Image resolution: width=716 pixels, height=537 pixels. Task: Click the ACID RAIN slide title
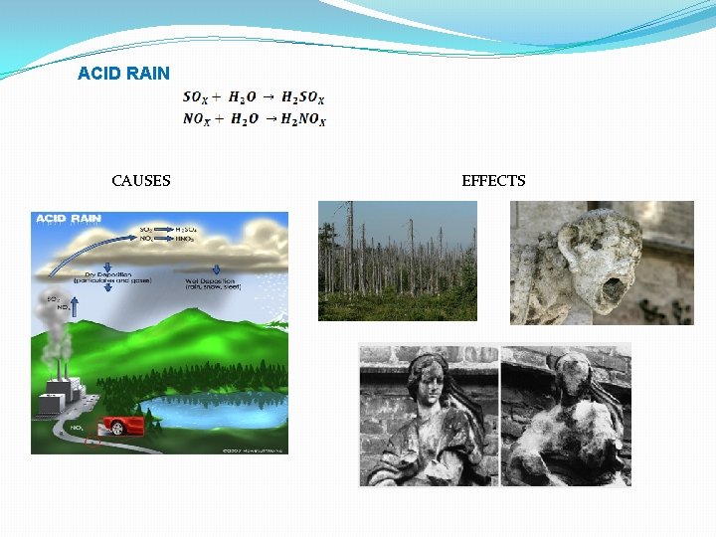tap(123, 74)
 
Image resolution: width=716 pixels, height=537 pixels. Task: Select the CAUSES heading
tap(141, 180)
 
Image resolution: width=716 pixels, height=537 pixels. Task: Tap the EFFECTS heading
tap(493, 180)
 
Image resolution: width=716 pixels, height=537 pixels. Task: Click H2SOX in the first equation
tap(302, 97)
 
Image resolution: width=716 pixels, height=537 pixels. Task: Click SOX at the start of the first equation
tap(196, 97)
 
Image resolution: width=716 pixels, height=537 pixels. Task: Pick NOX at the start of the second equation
tap(197, 119)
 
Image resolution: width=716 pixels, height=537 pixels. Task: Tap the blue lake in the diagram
tap(214, 408)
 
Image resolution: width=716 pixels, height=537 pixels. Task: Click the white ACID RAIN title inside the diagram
tap(68, 219)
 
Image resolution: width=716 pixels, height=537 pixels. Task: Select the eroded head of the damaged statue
tap(568, 377)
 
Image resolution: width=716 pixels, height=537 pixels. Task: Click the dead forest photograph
tap(397, 261)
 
